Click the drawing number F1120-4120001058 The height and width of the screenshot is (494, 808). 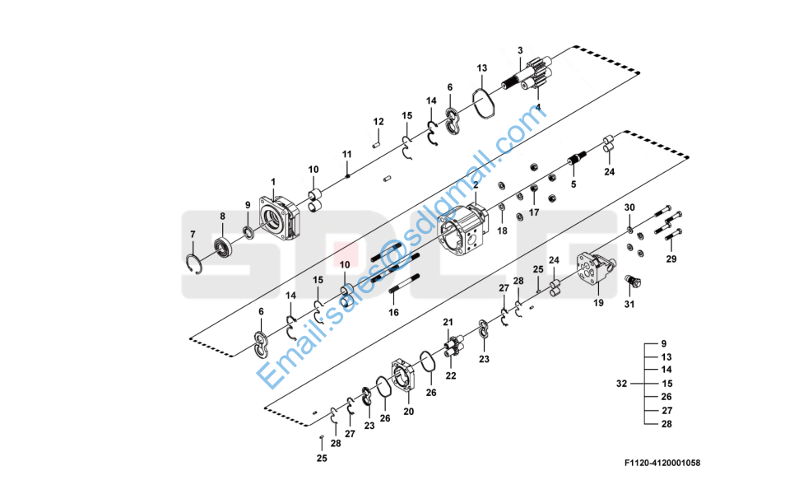tap(662, 463)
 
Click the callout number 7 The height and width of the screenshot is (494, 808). tap(193, 235)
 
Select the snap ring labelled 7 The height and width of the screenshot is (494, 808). tap(193, 264)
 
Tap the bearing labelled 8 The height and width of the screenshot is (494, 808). tap(224, 248)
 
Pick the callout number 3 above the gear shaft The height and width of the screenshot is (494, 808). tap(521, 50)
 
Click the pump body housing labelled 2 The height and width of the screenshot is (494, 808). tap(462, 230)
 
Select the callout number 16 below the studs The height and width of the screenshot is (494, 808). tap(393, 313)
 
